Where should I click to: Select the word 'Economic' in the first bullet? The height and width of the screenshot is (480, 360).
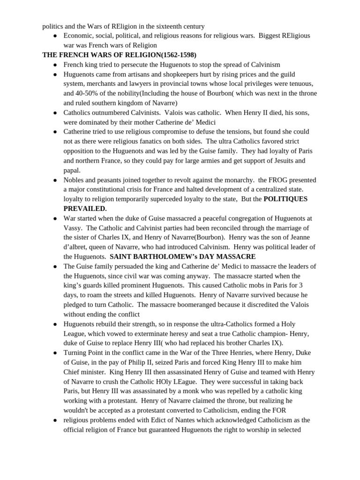tap(78, 36)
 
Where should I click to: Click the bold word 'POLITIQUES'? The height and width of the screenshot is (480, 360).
tap(285, 199)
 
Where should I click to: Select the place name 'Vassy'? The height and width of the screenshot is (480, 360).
tap(73, 227)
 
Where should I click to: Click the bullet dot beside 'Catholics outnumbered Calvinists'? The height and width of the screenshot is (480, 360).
tap(55, 112)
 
